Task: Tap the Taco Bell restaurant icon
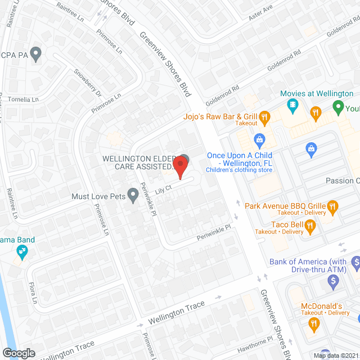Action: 310,227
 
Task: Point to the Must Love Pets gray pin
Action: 133,196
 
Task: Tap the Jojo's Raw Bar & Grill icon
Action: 265,117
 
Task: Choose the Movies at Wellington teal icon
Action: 292,105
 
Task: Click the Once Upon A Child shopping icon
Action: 259,139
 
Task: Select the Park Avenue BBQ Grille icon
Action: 332,206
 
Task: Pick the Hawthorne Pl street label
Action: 255,343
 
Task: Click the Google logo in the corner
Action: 19,353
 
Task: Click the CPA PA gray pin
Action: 37,55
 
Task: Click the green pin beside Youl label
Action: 338,106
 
